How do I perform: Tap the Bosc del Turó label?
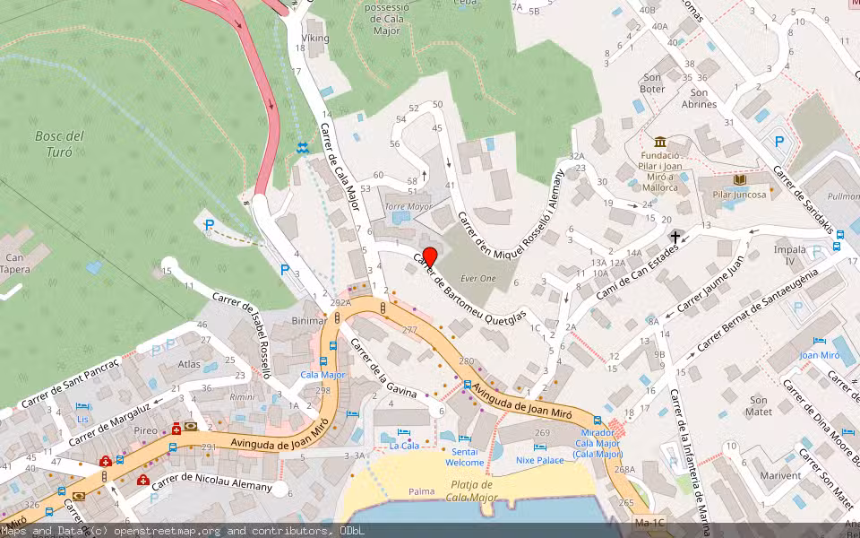59,143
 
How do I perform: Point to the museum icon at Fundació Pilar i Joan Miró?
661,143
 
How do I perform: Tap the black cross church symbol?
675,236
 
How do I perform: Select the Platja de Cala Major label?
471,491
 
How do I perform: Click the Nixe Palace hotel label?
540,460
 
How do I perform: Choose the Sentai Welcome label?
465,457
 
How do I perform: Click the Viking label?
315,39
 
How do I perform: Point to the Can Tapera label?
15,263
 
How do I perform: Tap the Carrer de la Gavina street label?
383,368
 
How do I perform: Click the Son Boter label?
653,83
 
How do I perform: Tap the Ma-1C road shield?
649,521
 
